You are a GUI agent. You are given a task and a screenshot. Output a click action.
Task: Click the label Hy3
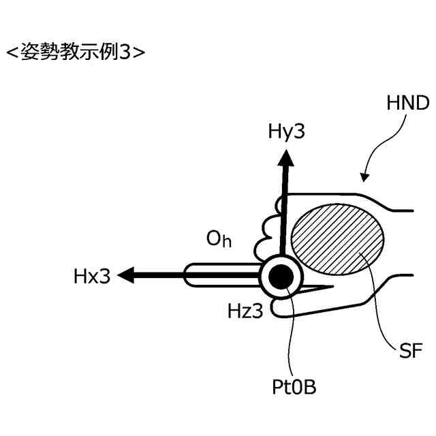click(x=286, y=131)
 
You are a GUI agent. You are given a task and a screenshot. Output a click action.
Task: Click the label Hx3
click(x=91, y=277)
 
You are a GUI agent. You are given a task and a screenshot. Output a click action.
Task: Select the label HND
click(x=407, y=104)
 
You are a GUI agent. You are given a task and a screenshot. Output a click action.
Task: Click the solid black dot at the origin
click(x=281, y=276)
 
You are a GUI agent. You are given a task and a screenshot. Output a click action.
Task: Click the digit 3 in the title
click(x=124, y=52)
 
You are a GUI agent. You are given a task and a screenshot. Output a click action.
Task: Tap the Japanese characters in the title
click(x=69, y=52)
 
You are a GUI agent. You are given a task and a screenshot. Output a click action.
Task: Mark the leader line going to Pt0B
click(x=291, y=334)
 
